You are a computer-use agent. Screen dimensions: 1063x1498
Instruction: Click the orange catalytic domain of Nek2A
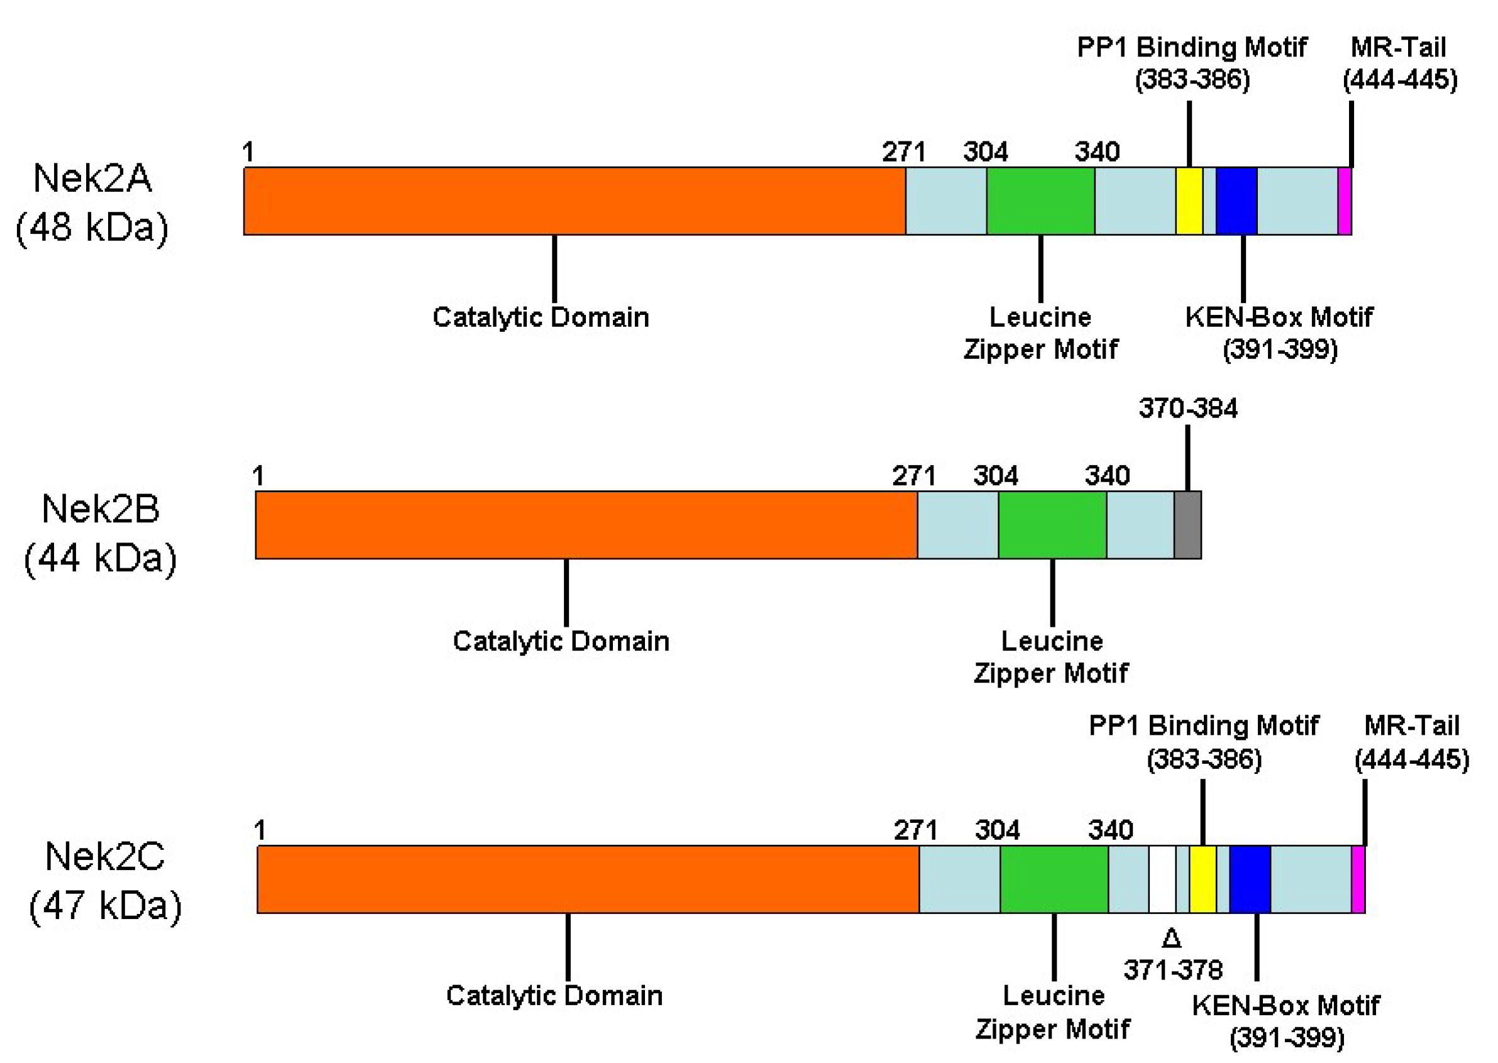575,201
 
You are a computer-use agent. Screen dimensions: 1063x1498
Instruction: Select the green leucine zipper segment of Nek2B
1052,525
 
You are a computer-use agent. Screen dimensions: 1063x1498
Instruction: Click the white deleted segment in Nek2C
1162,879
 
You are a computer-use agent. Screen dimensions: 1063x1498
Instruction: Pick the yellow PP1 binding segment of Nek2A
1189,201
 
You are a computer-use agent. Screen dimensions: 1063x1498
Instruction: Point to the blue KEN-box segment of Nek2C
1250,879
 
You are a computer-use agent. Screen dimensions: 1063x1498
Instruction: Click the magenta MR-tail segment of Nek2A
1345,201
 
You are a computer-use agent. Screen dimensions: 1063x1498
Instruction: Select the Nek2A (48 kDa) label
92,202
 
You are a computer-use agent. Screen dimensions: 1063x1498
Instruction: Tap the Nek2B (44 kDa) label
101,533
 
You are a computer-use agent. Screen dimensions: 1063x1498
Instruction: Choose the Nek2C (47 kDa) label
106,880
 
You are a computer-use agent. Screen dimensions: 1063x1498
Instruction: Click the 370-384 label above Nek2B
1188,409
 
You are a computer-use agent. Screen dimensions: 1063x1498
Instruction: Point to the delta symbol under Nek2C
1172,938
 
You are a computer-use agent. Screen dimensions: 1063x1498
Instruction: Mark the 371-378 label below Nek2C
1173,969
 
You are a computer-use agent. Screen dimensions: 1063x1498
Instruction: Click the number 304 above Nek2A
986,152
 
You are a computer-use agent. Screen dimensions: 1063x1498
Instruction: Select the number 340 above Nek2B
1107,475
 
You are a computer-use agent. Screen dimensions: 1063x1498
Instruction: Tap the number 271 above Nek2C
915,830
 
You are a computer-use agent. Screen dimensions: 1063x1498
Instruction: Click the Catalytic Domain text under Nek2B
561,641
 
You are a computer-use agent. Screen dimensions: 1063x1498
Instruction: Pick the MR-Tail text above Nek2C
1412,725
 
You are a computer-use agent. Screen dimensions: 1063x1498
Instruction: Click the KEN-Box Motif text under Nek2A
1279,317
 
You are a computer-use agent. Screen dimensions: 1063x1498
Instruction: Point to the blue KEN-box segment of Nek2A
1237,201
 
